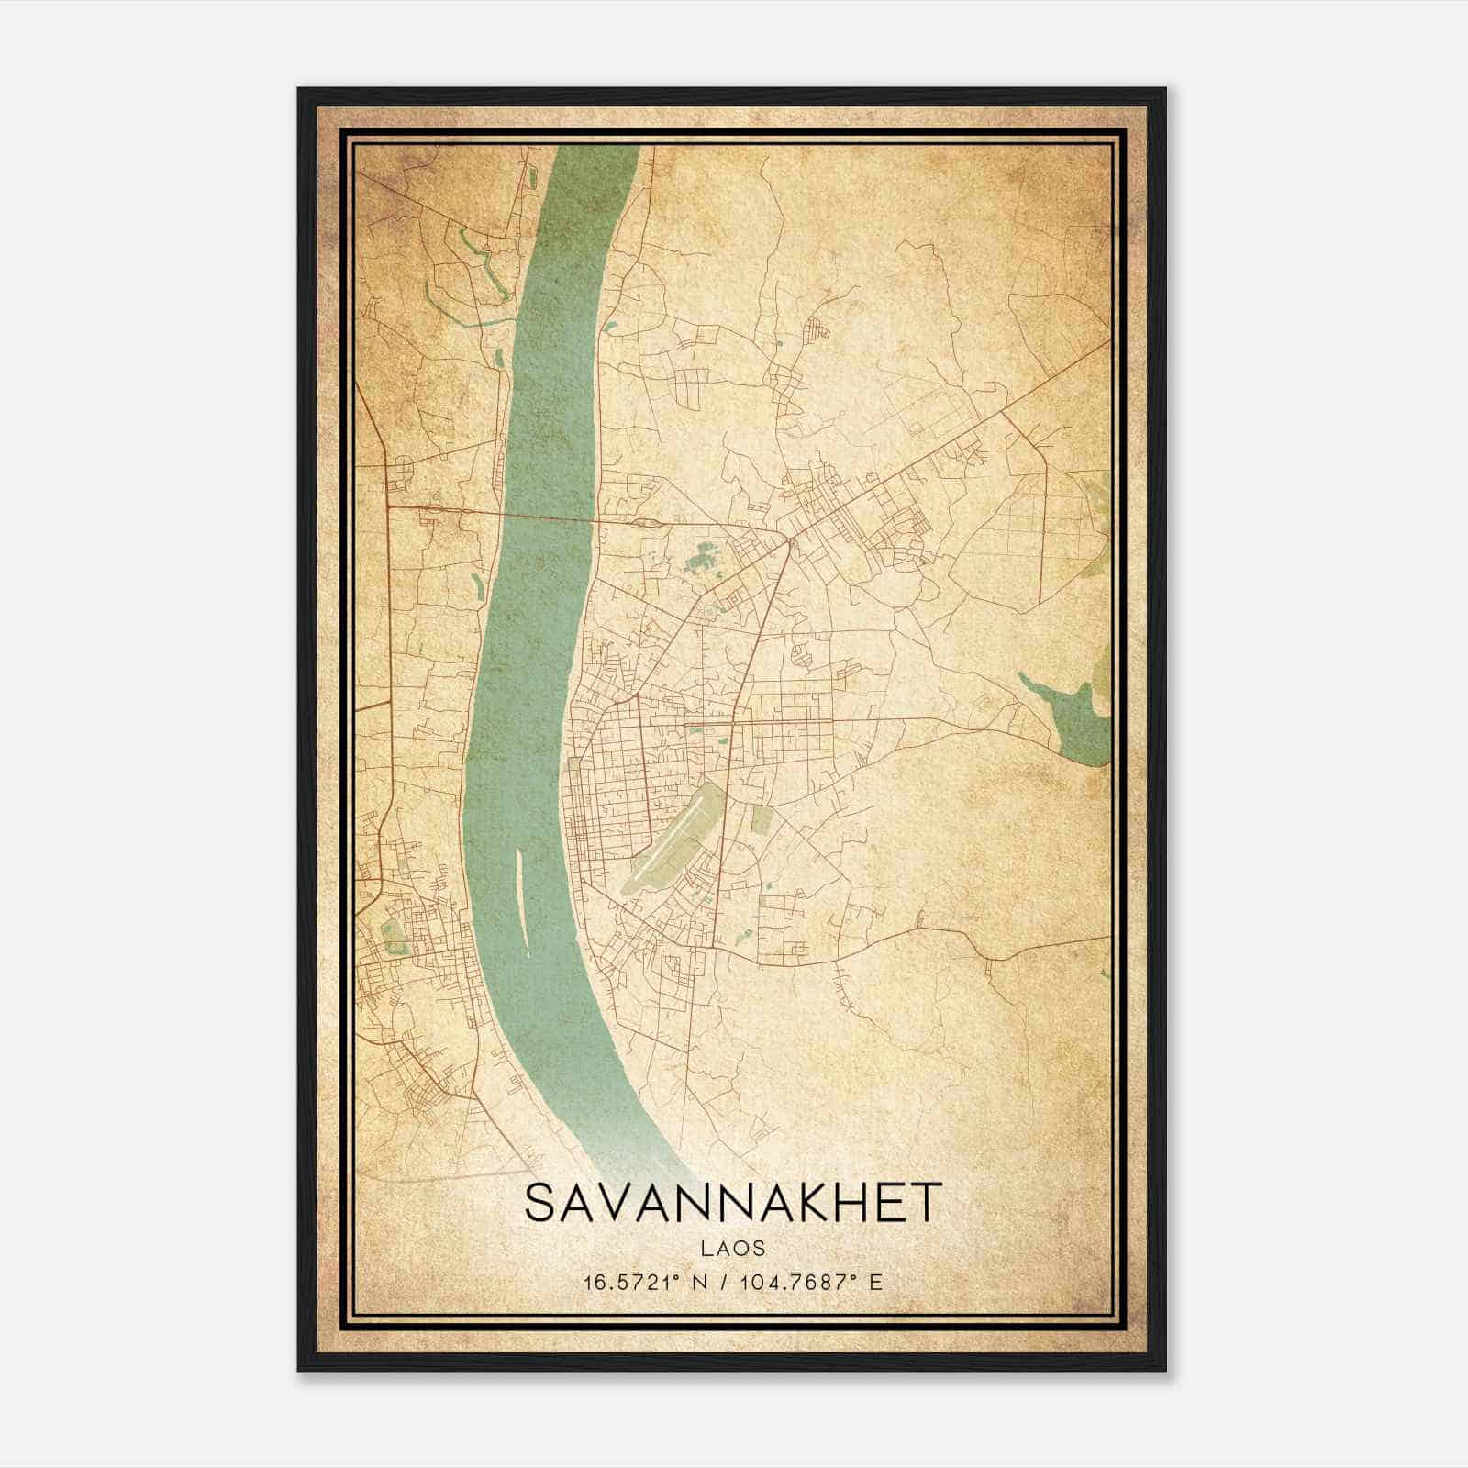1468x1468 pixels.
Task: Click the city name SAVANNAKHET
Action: click(732, 1202)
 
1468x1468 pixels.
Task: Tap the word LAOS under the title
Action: click(732, 1248)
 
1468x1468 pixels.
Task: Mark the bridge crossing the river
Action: click(541, 515)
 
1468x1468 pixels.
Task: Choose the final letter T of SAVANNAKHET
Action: click(927, 1202)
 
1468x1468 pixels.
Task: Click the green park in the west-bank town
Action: click(393, 936)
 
